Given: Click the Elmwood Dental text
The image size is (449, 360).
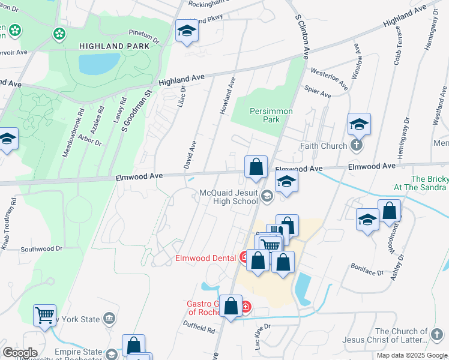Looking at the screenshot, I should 206,259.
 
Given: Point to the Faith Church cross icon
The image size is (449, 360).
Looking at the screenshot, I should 357,146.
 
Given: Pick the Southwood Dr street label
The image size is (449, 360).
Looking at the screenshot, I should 41,248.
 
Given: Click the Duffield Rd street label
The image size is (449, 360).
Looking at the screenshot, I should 200,328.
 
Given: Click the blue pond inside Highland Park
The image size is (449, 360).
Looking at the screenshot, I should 99,64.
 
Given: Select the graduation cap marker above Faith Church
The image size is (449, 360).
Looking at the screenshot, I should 359,124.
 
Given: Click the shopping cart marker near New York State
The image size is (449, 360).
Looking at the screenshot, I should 45,314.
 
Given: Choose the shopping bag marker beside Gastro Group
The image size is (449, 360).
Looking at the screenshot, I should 231,306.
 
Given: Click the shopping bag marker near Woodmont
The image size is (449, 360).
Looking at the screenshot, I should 389,211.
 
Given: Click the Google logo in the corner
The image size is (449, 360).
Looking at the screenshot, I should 19,353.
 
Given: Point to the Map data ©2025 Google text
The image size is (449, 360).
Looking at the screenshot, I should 411,355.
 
